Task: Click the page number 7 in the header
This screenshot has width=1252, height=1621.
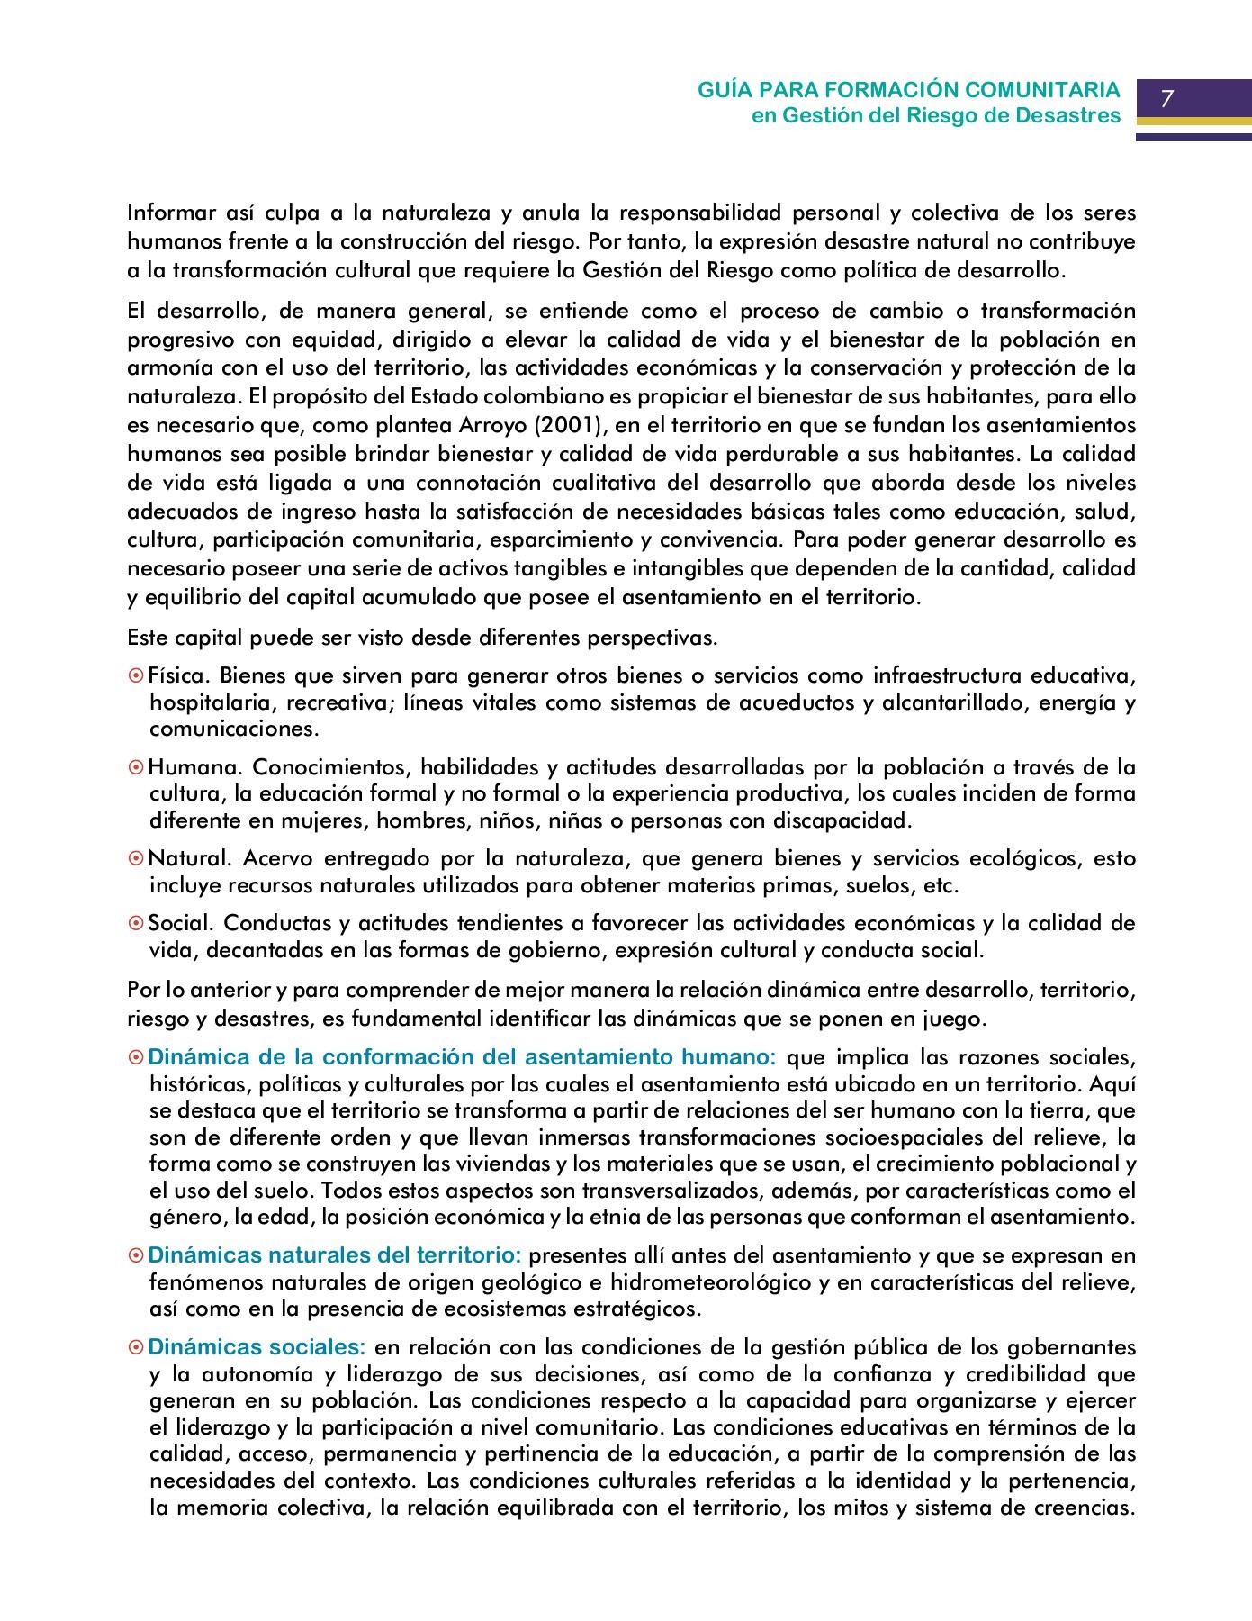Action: pos(1167,99)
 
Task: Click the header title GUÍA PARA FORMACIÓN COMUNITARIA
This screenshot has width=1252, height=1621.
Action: pos(909,90)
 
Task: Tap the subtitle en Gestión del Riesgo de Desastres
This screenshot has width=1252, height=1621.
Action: pos(936,115)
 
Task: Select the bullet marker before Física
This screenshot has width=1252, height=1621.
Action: pos(136,675)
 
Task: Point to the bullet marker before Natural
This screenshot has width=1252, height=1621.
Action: pos(136,859)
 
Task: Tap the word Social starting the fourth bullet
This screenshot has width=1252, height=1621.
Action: pos(179,923)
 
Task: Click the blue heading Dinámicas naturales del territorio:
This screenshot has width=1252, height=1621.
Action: pos(334,1255)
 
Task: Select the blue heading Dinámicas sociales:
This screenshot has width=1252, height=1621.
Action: pos(257,1347)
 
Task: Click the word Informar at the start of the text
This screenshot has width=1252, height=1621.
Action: pos(170,213)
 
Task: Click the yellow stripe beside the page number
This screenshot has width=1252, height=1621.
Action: pos(1193,121)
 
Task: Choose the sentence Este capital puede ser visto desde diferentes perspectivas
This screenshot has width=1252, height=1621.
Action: pos(422,638)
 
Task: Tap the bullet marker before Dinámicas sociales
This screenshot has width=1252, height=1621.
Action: pos(136,1348)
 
